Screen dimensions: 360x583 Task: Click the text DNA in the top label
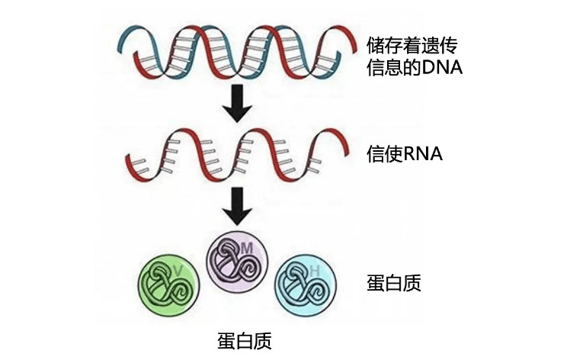click(x=440, y=68)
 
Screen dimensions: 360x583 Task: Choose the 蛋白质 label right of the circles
click(x=394, y=284)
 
